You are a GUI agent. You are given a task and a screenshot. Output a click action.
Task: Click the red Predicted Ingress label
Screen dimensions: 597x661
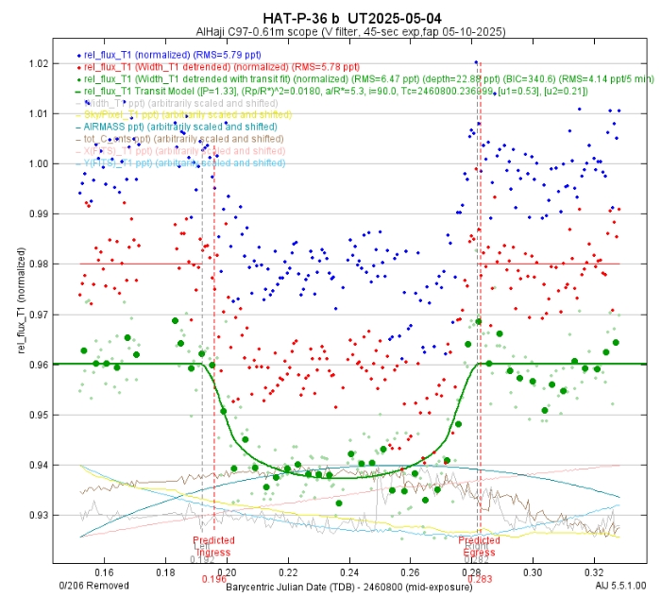click(212, 547)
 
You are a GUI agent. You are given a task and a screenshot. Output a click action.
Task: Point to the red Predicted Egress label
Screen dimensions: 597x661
click(480, 546)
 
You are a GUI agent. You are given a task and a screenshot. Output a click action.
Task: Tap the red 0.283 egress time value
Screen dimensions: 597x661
click(482, 566)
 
